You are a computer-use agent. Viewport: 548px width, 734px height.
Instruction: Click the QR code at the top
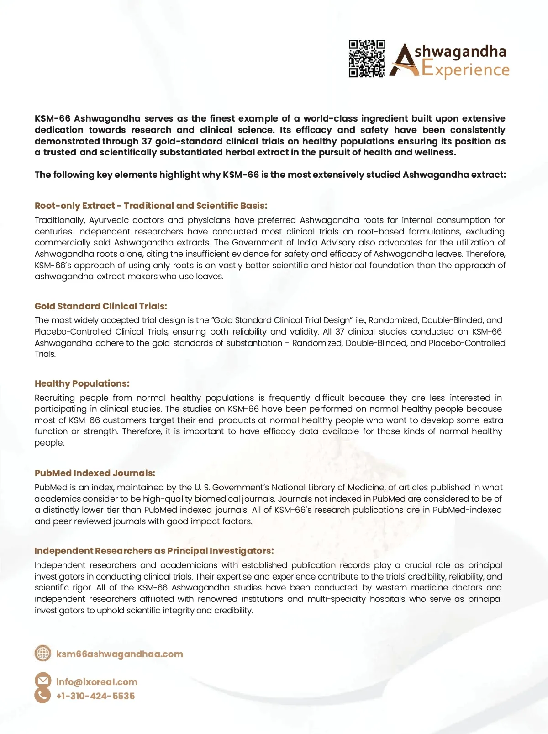tap(367, 59)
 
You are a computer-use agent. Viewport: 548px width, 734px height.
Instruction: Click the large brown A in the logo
tap(403, 61)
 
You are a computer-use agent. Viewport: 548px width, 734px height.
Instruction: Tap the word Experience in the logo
tap(465, 70)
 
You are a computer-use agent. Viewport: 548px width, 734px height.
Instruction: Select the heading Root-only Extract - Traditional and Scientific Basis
tap(151, 206)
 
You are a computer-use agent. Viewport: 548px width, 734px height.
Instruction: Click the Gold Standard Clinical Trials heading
tap(101, 306)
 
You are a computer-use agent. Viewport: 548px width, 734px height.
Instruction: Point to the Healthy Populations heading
tap(82, 383)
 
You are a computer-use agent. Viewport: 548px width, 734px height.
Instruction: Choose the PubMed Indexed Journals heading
tap(95, 473)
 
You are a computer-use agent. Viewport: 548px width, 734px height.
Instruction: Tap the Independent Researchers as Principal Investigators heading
tap(154, 551)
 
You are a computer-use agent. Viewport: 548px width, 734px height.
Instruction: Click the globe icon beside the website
tap(43, 653)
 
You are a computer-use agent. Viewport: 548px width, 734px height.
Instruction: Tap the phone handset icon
tap(43, 696)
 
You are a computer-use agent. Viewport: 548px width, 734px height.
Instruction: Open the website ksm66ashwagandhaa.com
tap(120, 654)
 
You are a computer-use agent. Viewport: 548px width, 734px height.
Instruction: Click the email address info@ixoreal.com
tap(97, 682)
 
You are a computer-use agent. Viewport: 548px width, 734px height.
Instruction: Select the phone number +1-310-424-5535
tap(95, 696)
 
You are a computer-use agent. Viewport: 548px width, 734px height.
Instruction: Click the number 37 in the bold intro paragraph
tap(147, 141)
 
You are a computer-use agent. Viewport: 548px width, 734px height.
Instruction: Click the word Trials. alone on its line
tap(45, 354)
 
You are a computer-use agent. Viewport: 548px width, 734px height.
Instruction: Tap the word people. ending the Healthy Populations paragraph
tap(49, 443)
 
